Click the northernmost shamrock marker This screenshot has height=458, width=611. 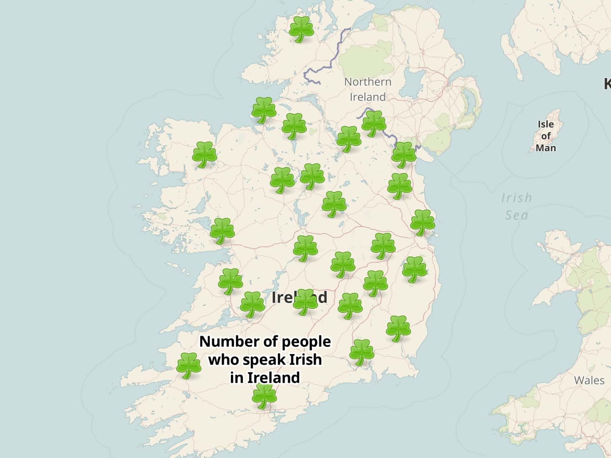coord(301,29)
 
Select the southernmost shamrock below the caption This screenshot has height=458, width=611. coord(264,396)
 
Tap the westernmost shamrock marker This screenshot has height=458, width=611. coord(189,365)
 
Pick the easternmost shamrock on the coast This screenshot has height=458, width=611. coord(422,222)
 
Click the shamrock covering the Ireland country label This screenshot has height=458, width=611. coord(305,302)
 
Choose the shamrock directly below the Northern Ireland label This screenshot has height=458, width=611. coord(374,123)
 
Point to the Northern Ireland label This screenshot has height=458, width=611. coord(368,89)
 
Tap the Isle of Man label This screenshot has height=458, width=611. coord(546,136)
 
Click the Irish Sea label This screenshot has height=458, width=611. coord(516,206)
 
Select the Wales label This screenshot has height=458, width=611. coord(589,380)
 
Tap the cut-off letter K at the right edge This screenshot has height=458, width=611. coord(607,84)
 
